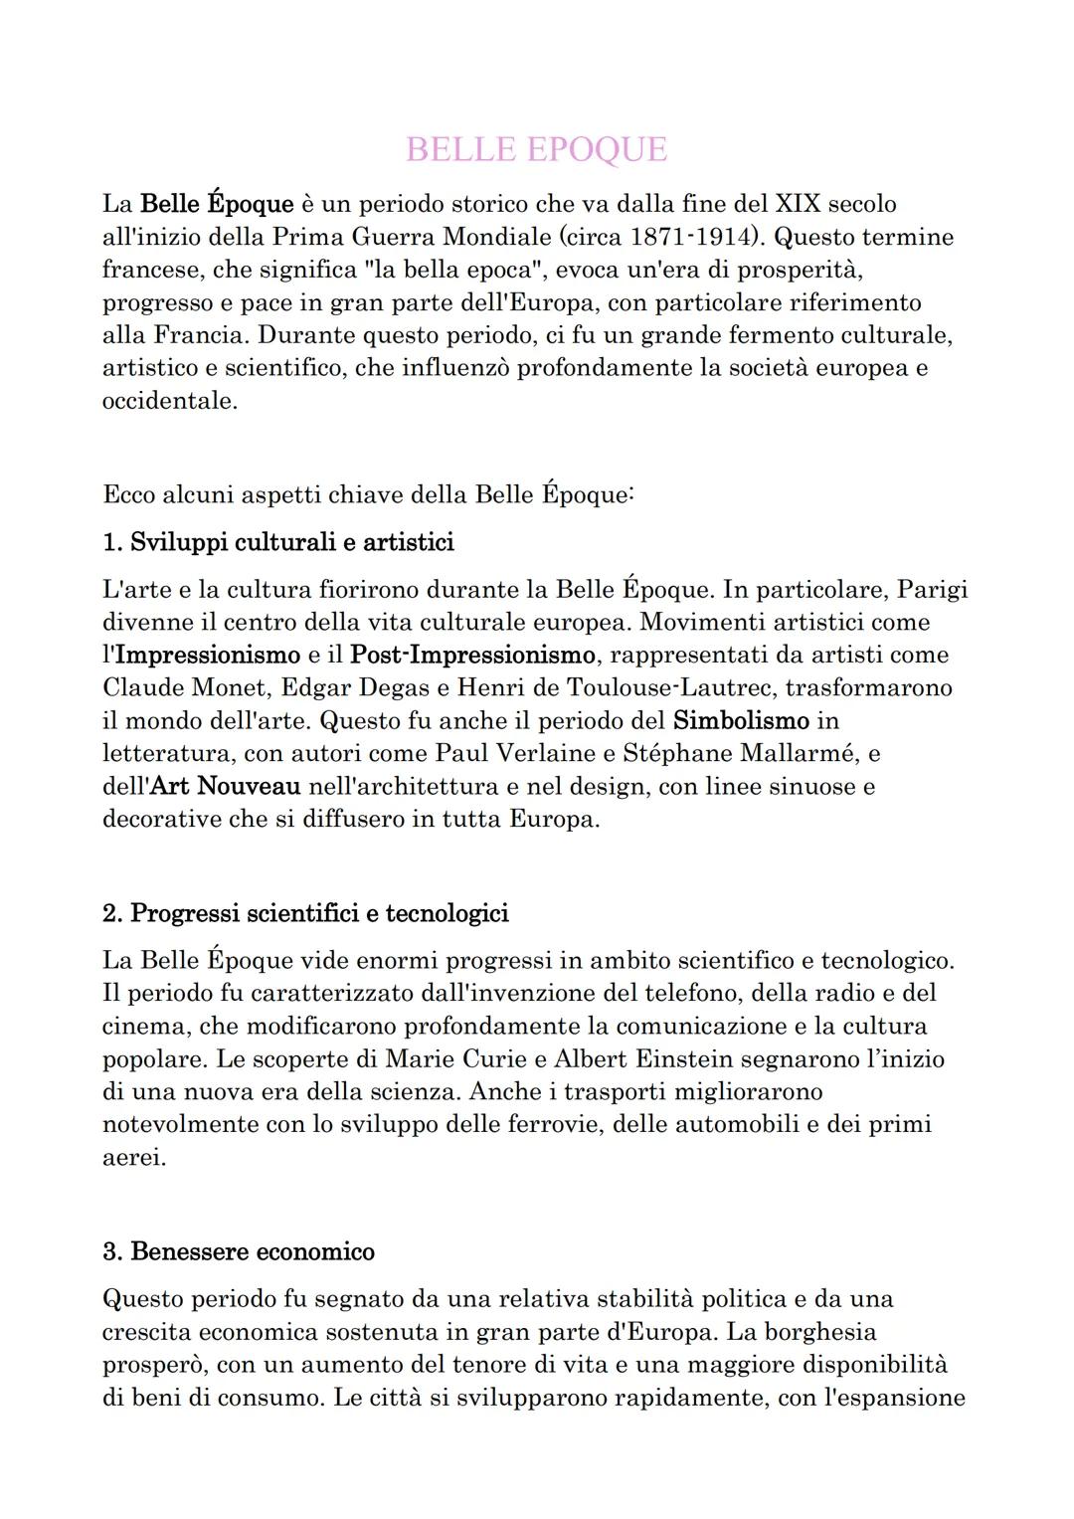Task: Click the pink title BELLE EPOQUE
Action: [536, 149]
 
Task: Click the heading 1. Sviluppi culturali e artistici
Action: [278, 542]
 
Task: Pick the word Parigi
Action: [932, 589]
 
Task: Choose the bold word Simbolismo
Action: [741, 720]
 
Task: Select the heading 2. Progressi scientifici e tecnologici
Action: [305, 913]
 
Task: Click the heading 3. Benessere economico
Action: [239, 1251]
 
